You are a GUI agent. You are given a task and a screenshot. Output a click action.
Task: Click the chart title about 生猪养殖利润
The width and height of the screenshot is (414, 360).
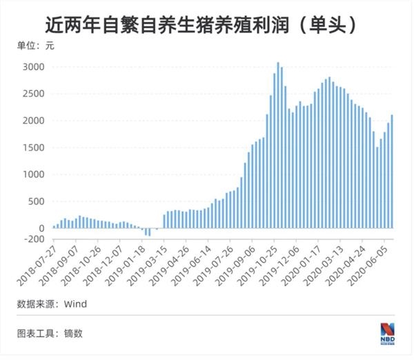[201, 26]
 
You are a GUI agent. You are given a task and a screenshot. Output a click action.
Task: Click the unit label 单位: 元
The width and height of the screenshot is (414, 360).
[35, 46]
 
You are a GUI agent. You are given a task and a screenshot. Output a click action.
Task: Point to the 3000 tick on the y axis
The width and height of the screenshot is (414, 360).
[34, 67]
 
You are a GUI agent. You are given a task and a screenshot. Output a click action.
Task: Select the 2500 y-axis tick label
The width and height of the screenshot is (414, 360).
[34, 94]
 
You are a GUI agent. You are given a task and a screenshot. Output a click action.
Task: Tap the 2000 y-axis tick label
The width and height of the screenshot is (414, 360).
[34, 121]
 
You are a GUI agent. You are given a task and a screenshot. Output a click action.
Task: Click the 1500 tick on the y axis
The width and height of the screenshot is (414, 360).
[34, 148]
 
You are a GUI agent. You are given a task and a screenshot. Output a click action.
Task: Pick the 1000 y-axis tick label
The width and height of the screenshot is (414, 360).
[34, 174]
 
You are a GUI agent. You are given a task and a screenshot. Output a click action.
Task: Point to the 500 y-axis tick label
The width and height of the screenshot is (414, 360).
[37, 201]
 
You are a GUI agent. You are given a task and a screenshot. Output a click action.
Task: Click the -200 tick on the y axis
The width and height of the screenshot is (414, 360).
[34, 239]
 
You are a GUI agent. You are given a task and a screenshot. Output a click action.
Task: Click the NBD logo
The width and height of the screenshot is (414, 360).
[387, 332]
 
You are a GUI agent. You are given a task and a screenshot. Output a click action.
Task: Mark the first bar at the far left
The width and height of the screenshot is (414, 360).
[54, 226]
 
